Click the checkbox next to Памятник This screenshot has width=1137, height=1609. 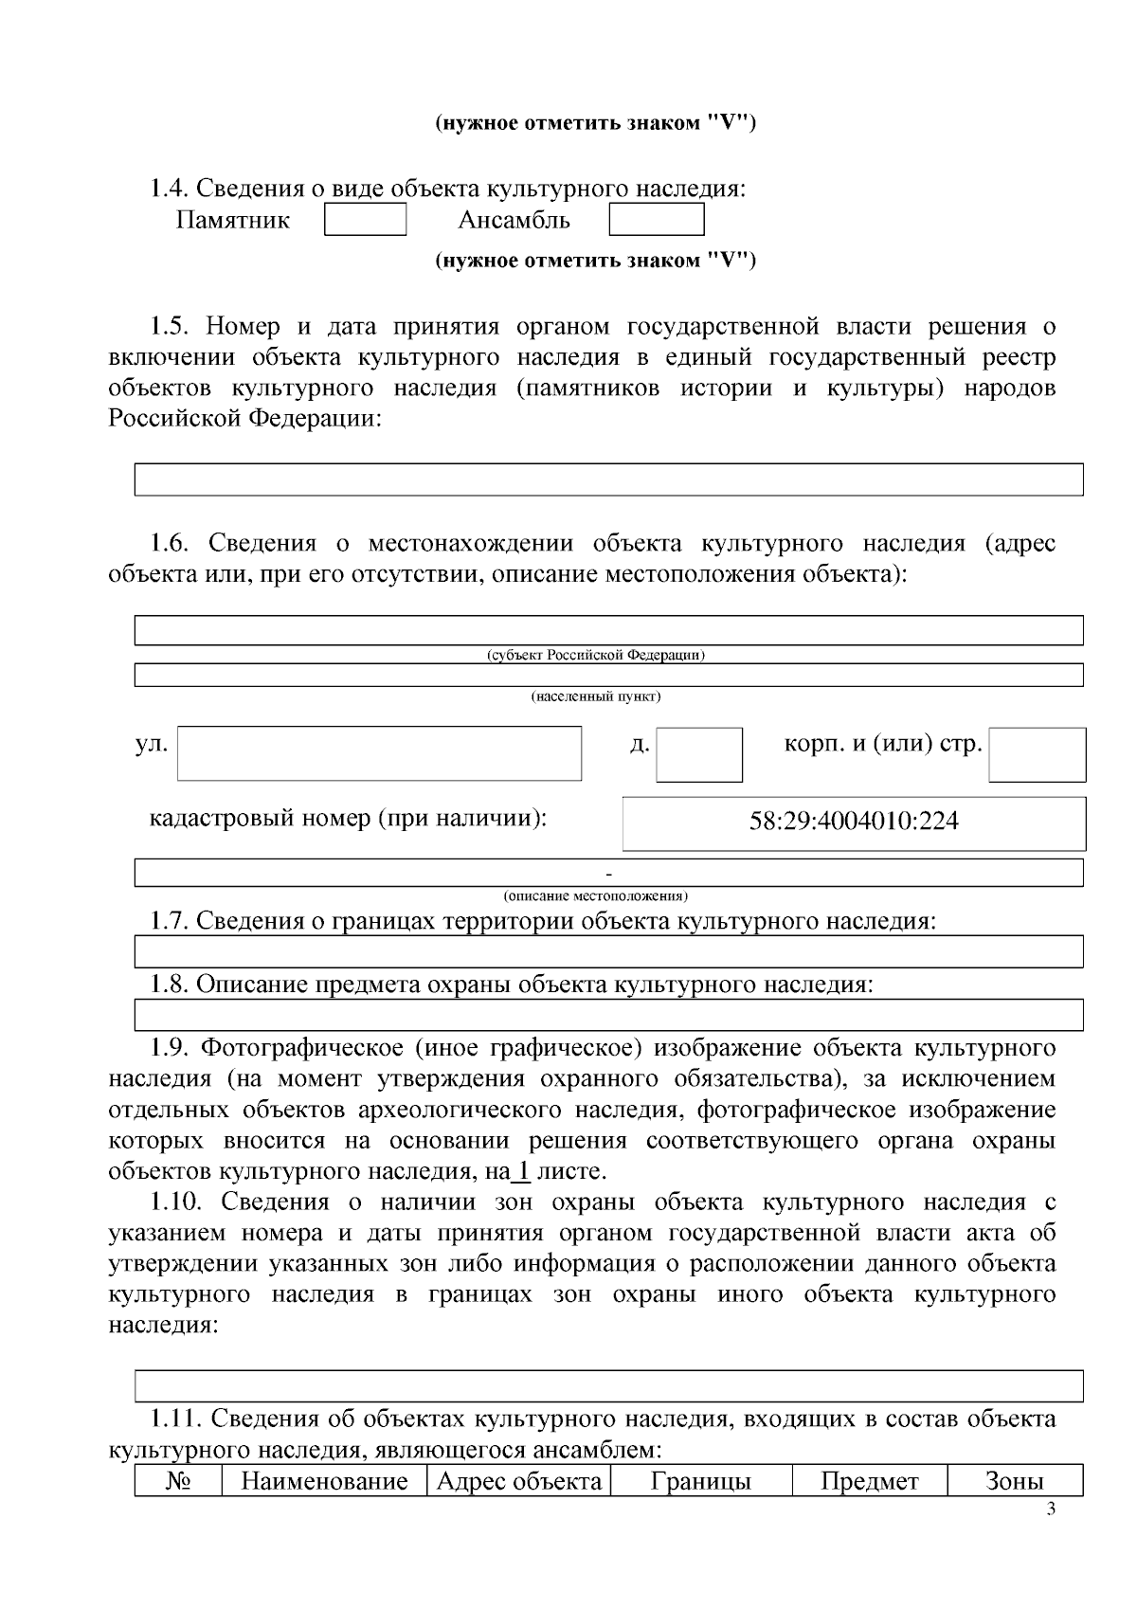tap(365, 220)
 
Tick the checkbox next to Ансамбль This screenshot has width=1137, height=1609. tap(656, 220)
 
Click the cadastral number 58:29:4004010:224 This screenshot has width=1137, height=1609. tap(854, 821)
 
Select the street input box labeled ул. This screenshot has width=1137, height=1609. tap(379, 753)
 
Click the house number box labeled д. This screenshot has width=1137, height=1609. tap(699, 754)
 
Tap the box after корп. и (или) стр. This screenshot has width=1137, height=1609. tap(1037, 754)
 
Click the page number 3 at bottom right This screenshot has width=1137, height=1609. tap(1050, 1510)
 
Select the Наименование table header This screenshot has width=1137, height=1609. tap(324, 1481)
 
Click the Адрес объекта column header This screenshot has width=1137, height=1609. tap(519, 1481)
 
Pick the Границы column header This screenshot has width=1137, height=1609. tap(700, 1481)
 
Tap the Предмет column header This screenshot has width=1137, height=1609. tap(869, 1481)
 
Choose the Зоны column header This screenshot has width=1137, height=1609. tap(1014, 1481)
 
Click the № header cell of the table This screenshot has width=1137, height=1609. tap(177, 1481)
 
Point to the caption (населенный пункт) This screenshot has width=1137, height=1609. tap(595, 697)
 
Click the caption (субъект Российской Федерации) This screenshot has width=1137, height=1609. tap(595, 655)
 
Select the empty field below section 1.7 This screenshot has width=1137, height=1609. tap(608, 951)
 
